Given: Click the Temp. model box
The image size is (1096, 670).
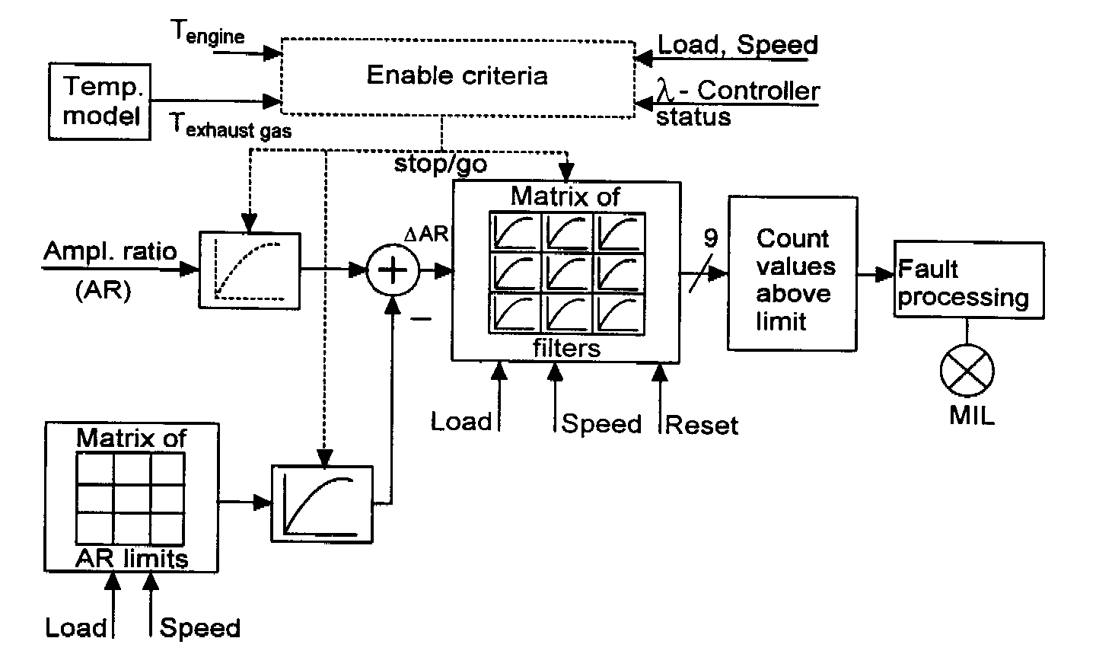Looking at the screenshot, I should pyautogui.click(x=100, y=101).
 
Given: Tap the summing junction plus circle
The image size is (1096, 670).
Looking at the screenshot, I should pyautogui.click(x=393, y=270).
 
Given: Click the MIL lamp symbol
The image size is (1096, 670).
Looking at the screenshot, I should pyautogui.click(x=967, y=370).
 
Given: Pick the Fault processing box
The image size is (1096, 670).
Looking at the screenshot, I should pyautogui.click(x=968, y=280).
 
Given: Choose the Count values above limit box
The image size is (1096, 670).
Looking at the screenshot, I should pyautogui.click(x=792, y=273).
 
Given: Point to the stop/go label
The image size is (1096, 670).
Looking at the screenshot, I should pyautogui.click(x=440, y=164).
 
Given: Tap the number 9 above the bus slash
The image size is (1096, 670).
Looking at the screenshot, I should pyautogui.click(x=710, y=239).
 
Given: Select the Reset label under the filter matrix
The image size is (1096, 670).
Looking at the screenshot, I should pyautogui.click(x=701, y=425).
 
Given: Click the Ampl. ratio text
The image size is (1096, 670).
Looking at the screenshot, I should pyautogui.click(x=110, y=251).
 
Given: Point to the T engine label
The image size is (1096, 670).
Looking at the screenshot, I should pyautogui.click(x=208, y=32).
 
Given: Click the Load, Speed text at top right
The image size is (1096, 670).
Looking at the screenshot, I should pyautogui.click(x=738, y=45).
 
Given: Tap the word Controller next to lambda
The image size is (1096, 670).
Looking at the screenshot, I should pyautogui.click(x=758, y=91).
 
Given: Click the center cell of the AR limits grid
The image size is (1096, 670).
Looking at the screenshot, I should pyautogui.click(x=131, y=499).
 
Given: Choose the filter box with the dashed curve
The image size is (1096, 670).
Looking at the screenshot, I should pyautogui.click(x=250, y=268).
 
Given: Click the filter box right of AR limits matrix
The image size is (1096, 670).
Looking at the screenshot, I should pyautogui.click(x=322, y=503).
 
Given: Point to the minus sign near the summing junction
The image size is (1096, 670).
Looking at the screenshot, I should pyautogui.click(x=420, y=319).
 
